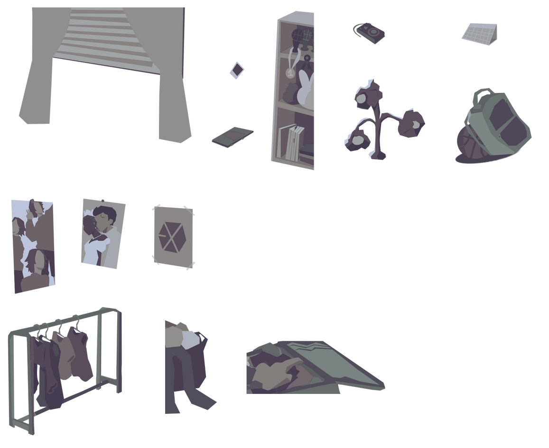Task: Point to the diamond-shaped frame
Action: (236, 70)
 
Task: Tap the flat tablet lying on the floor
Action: (232, 136)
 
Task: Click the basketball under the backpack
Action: (470, 143)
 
